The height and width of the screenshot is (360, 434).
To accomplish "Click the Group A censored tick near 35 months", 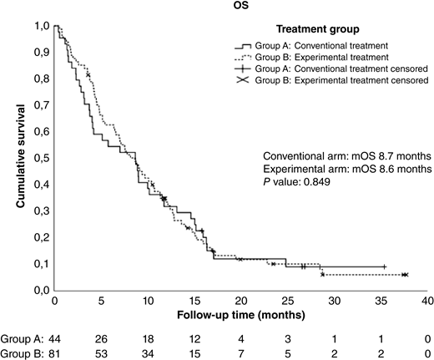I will tap(384, 266).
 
